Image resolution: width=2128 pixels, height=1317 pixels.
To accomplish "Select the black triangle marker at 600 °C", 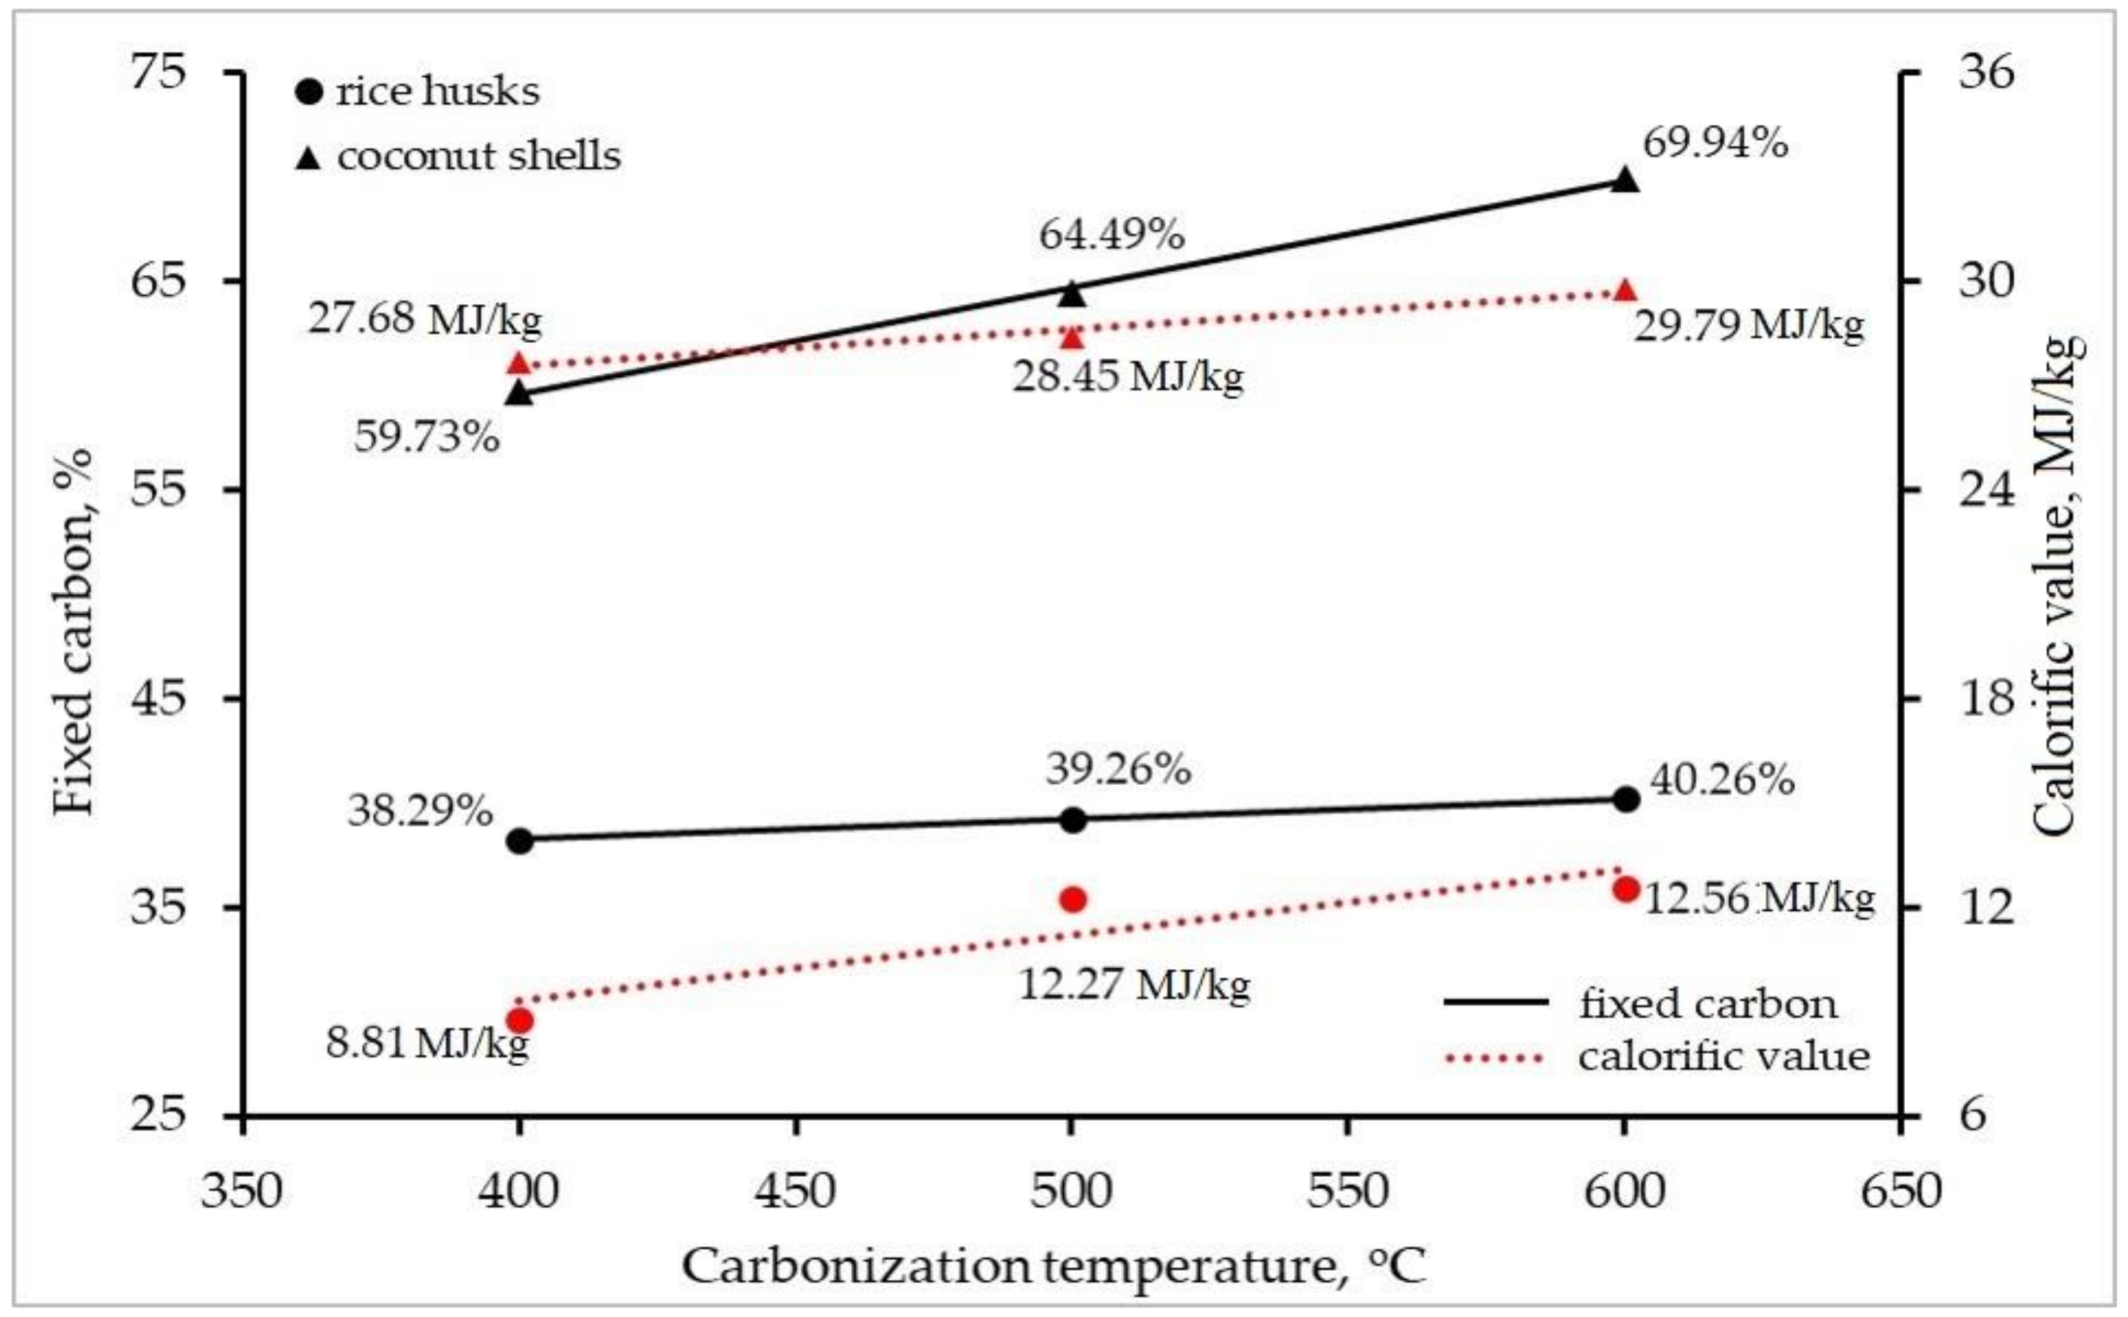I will point(1625,181).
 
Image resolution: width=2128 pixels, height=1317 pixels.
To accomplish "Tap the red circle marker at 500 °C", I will point(1073,900).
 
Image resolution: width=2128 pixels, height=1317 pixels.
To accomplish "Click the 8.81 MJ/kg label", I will point(427,1042).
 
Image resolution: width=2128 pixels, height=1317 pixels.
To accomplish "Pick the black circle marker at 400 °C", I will point(520,841).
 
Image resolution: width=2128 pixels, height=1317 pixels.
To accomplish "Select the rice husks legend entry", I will point(418,92).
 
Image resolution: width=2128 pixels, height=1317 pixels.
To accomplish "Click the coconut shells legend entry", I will point(459,157).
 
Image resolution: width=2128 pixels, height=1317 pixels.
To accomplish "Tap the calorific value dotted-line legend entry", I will point(1656,1058).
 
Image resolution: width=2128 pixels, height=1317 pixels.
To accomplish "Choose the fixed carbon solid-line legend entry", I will point(1638,1003).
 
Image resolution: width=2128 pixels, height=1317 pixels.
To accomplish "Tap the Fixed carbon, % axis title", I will point(72,631).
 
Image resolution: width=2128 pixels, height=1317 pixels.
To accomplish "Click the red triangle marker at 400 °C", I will point(520,364).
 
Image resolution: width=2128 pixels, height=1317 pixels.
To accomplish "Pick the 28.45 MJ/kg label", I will point(1128,377).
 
